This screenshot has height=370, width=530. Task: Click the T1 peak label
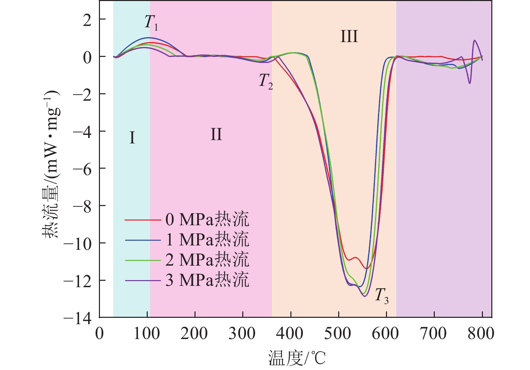point(151,23)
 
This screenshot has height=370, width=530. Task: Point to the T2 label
point(266,81)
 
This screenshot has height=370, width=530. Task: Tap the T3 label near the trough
point(382,296)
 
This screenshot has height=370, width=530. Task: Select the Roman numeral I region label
point(132,138)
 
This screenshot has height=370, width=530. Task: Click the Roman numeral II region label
point(216,135)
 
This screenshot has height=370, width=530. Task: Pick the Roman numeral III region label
point(349,36)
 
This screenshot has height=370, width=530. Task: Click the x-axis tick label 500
point(338,334)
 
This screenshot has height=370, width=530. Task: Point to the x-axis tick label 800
point(481,334)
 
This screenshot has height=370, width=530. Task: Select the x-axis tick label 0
point(99,334)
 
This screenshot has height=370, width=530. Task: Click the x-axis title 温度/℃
point(297,358)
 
